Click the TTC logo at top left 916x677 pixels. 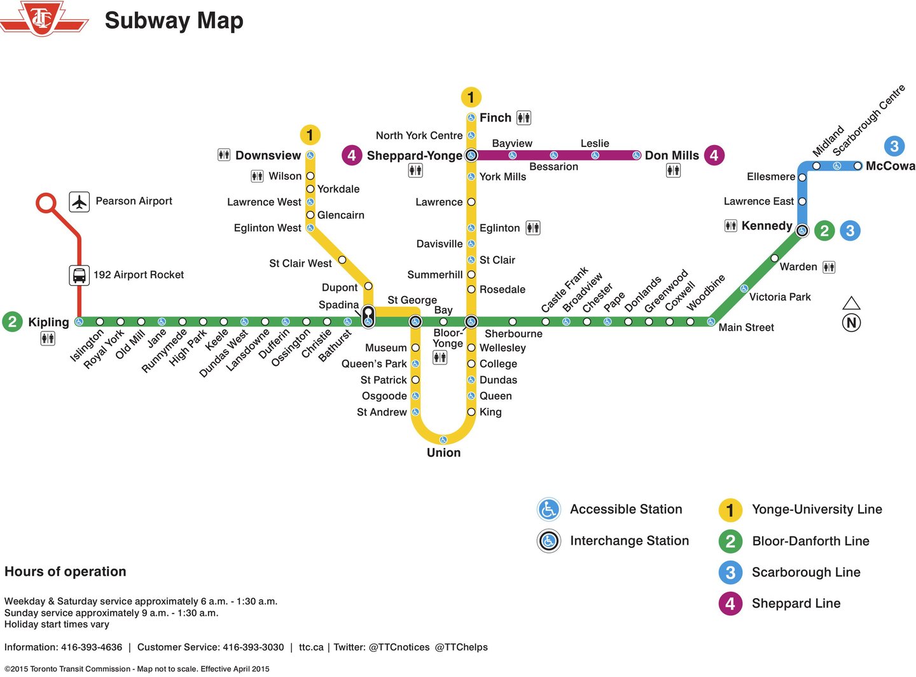click(x=43, y=18)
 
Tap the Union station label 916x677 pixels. click(x=443, y=452)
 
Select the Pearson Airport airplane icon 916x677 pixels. click(x=79, y=202)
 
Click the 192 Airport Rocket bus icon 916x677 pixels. click(x=79, y=276)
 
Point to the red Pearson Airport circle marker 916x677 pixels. click(x=46, y=203)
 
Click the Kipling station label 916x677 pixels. click(x=48, y=322)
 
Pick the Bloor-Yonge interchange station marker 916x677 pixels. click(x=471, y=321)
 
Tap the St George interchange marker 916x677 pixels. click(x=415, y=321)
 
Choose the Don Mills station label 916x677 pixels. click(x=672, y=155)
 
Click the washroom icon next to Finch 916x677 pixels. click(x=524, y=118)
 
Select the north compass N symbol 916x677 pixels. click(x=851, y=323)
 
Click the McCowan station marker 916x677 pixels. click(x=857, y=166)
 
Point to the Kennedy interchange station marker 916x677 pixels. click(x=802, y=230)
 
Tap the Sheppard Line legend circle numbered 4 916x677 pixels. click(x=730, y=603)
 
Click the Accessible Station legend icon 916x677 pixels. click(x=548, y=510)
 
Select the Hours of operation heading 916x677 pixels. click(x=66, y=571)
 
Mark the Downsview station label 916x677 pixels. click(x=268, y=155)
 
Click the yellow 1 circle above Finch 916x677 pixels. click(x=471, y=97)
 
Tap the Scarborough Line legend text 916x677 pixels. click(x=806, y=572)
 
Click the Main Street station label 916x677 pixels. click(x=746, y=327)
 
